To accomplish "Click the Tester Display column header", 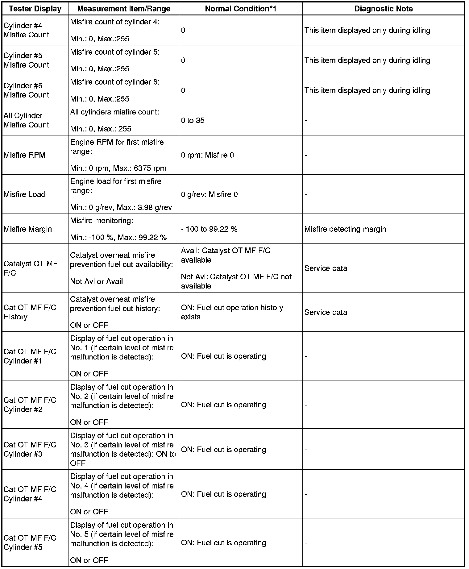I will (35, 9).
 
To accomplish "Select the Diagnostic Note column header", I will (383, 9).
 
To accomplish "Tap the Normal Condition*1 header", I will (240, 9).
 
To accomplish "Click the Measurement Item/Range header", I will (123, 9).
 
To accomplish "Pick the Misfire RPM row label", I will (24, 155).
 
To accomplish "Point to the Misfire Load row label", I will (25, 194).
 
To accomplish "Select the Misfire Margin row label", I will (28, 229).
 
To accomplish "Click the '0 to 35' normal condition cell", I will (193, 120).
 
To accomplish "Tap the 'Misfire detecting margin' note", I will (345, 229).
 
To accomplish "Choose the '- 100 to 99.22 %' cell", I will (209, 229).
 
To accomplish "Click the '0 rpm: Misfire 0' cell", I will (207, 155).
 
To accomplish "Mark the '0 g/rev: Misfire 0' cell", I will (209, 194).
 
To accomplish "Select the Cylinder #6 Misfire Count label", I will (26, 90).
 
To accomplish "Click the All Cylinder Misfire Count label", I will (26, 120).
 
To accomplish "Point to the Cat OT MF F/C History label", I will (30, 312).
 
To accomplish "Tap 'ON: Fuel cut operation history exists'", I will (232, 312).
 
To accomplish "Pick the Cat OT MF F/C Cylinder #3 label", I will (30, 449).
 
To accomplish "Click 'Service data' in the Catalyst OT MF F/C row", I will (326, 268).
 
